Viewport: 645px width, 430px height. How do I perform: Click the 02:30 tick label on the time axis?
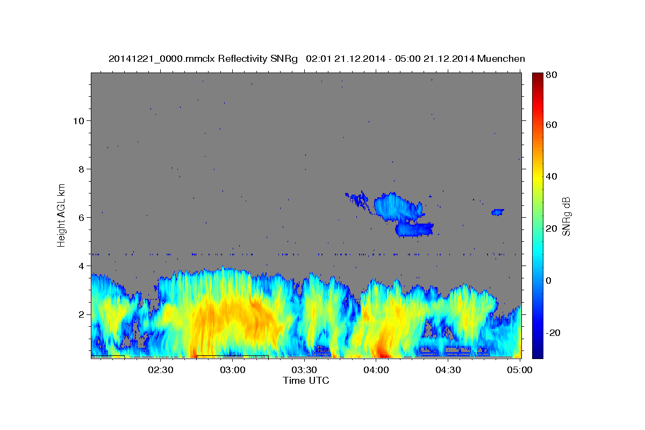[x=160, y=370]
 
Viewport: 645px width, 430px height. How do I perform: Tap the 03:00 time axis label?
[x=232, y=370]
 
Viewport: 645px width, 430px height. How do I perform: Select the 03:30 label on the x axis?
[x=304, y=370]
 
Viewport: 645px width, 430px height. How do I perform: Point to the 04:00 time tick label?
[x=376, y=370]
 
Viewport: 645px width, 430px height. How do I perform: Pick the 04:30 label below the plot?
[x=448, y=370]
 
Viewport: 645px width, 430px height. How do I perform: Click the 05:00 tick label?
[x=520, y=370]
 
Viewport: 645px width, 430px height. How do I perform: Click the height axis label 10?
[x=78, y=121]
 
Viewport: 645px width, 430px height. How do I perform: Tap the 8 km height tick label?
[x=82, y=169]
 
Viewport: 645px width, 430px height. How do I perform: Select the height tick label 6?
[x=82, y=218]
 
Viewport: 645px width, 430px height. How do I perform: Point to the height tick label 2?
[x=82, y=314]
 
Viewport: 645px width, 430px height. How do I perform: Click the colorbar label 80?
[x=551, y=75]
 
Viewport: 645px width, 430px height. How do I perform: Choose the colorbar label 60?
[x=551, y=125]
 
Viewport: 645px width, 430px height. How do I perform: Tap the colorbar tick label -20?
[x=553, y=333]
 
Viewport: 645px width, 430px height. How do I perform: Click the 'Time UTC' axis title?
[x=306, y=381]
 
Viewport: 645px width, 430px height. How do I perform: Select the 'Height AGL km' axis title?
[x=61, y=216]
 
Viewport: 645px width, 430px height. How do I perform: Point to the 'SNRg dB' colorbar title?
[x=566, y=217]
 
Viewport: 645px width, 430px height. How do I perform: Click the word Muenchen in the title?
[x=501, y=59]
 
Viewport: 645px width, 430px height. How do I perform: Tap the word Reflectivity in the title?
[x=242, y=59]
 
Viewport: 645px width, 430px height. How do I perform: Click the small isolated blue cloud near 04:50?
[x=498, y=212]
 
